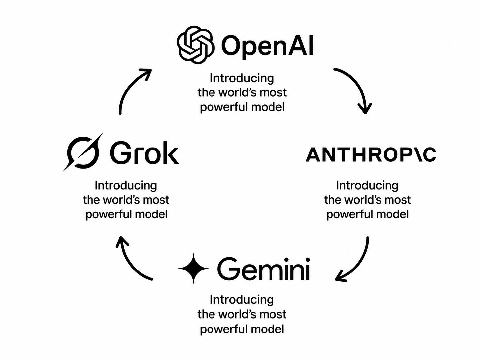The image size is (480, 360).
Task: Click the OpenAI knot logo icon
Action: (196, 45)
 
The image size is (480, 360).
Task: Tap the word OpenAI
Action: (268, 47)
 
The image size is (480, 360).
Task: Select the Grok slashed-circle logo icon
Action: (83, 152)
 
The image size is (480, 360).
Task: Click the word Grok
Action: (144, 152)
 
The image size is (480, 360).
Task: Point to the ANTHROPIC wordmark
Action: (371, 155)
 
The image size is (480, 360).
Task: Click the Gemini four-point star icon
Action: (193, 268)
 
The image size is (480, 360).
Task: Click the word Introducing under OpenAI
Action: (242, 78)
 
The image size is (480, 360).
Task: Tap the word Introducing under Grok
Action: (126, 185)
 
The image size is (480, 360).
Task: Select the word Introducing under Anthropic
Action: (367, 185)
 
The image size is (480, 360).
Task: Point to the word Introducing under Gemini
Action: (242, 299)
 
